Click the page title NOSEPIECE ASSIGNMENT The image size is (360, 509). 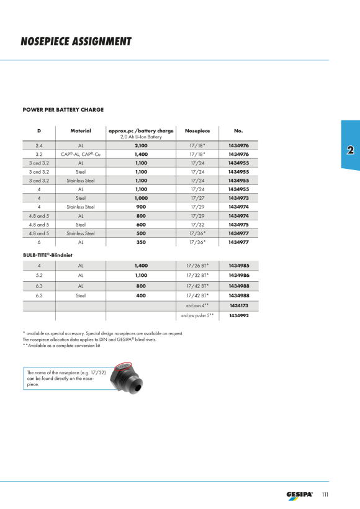tap(76, 42)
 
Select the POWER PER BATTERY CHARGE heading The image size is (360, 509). tap(63, 110)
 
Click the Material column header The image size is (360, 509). tap(81, 131)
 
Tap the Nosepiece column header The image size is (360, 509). tap(197, 131)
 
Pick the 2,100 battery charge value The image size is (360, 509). tap(142, 146)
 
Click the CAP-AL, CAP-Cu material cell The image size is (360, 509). tap(81, 155)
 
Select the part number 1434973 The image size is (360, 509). tap(238, 198)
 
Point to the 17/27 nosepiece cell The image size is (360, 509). tap(197, 198)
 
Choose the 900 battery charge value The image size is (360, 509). tap(142, 207)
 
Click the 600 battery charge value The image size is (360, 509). tap(142, 225)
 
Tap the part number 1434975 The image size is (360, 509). tap(238, 225)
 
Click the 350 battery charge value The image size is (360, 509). tap(142, 242)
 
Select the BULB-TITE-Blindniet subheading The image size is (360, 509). tap(48, 255)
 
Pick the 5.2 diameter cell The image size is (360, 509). tap(39, 275)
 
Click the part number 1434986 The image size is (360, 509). tap(239, 275)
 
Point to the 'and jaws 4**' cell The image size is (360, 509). tap(197, 305)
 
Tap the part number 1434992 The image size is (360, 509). tap(239, 315)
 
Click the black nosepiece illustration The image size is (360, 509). tap(127, 378)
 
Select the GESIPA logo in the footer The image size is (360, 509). tap(299, 495)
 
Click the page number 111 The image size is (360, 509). tap(325, 494)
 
